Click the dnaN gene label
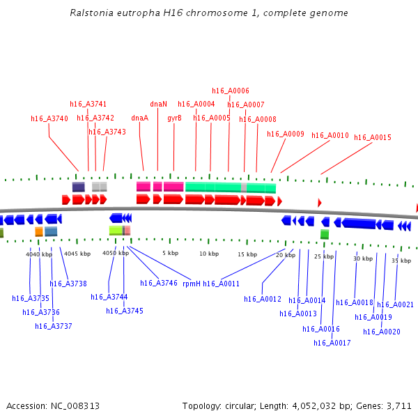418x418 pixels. [x=158, y=104]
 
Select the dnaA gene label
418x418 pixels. [x=139, y=118]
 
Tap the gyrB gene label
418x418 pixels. [x=174, y=118]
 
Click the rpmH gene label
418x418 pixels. [x=192, y=284]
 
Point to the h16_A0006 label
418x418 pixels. [x=231, y=91]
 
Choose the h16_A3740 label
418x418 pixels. [x=49, y=119]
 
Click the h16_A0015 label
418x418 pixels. [x=373, y=138]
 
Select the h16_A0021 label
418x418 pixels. [x=396, y=305]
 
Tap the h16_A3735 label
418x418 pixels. [x=31, y=299]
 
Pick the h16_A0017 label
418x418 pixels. [x=332, y=343]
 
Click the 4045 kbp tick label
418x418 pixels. [x=77, y=254]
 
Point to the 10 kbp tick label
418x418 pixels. [x=209, y=254]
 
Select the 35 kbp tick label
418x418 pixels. [x=401, y=261]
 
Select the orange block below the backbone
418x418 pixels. [x=39, y=231]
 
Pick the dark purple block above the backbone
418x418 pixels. [x=79, y=187]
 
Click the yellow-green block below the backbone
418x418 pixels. [x=116, y=231]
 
